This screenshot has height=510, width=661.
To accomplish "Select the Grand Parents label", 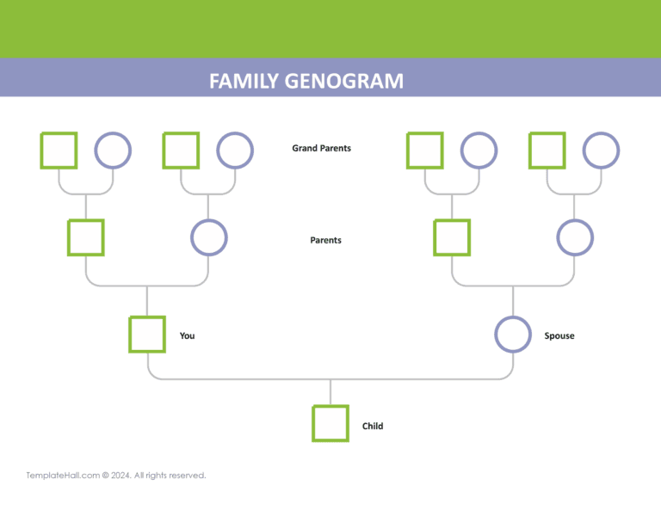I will (x=321, y=148).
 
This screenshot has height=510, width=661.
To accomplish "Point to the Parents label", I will (x=325, y=240).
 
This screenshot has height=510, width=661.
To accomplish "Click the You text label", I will (x=187, y=335).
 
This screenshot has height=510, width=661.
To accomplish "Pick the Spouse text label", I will (x=559, y=335).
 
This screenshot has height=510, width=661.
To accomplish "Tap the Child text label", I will (x=373, y=426).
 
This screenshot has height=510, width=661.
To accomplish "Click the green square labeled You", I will (x=146, y=335).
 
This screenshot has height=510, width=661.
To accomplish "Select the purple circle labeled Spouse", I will (x=513, y=335).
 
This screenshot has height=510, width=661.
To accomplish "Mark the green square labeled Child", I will (x=330, y=423).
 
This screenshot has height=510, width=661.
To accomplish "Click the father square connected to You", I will (x=86, y=237).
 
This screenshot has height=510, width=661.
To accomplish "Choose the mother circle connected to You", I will (x=208, y=237).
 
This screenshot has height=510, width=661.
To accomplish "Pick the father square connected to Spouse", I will (x=452, y=237).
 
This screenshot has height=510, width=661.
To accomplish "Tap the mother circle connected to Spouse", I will (x=574, y=237).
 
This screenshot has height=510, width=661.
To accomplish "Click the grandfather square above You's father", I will (x=59, y=150).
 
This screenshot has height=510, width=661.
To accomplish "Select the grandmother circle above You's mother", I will (x=234, y=150).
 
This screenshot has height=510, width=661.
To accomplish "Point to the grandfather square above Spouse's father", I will (x=425, y=150).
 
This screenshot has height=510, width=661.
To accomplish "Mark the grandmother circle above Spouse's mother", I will (x=601, y=150).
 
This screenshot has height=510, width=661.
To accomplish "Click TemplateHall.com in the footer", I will (x=63, y=476).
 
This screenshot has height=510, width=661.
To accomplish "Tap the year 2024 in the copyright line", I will (x=119, y=476).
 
